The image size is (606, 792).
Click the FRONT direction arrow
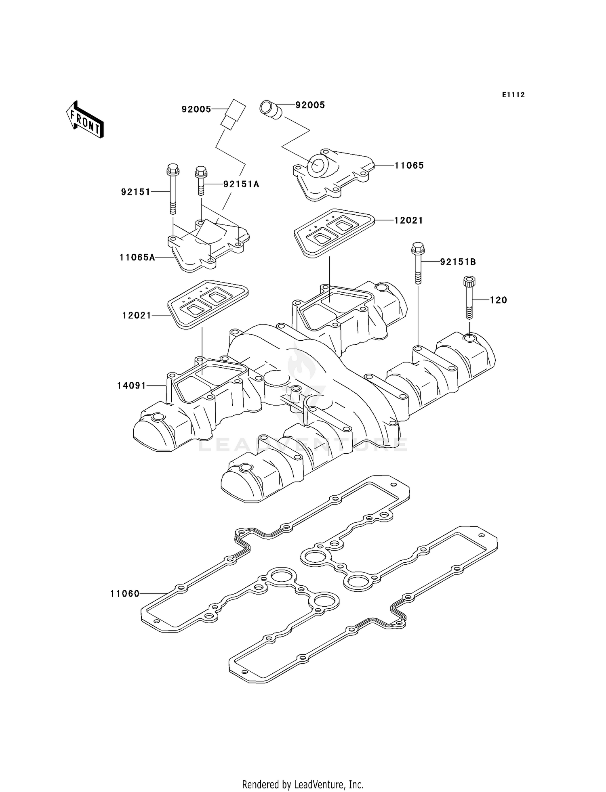[x=85, y=120]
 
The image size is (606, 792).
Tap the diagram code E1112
[x=513, y=95]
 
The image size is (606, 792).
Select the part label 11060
[x=125, y=594]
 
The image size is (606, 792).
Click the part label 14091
[x=131, y=386]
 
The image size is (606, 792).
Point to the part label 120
[x=498, y=300]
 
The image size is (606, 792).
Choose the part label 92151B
[x=458, y=262]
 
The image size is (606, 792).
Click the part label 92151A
[x=241, y=184]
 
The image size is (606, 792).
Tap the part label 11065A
[x=137, y=257]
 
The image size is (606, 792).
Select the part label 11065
[x=409, y=166]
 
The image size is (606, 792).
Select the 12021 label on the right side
[x=408, y=220]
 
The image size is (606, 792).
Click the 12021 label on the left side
[x=137, y=315]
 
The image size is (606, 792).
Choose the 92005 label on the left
[x=196, y=109]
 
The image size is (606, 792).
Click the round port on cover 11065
[x=317, y=166]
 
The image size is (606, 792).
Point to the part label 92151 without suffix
[x=135, y=192]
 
